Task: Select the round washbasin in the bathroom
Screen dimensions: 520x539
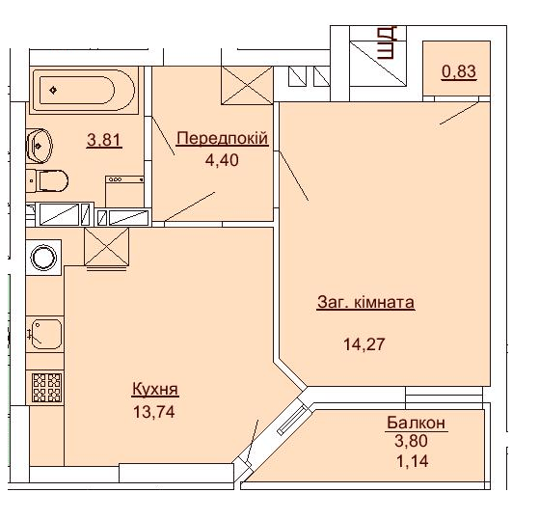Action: (x=40, y=145)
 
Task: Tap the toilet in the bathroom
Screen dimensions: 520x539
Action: (x=48, y=179)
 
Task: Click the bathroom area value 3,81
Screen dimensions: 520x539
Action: (x=104, y=140)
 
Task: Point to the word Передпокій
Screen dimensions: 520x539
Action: (x=221, y=138)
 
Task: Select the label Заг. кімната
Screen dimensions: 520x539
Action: (x=365, y=302)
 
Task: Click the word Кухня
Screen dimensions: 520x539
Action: (x=155, y=390)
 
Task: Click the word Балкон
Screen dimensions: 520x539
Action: (x=417, y=423)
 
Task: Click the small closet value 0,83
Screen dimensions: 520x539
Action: (x=459, y=70)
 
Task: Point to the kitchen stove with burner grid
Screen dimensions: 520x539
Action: (x=45, y=386)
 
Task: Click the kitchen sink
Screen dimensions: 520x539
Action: (x=44, y=334)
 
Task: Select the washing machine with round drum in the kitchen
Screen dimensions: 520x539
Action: (x=43, y=258)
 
